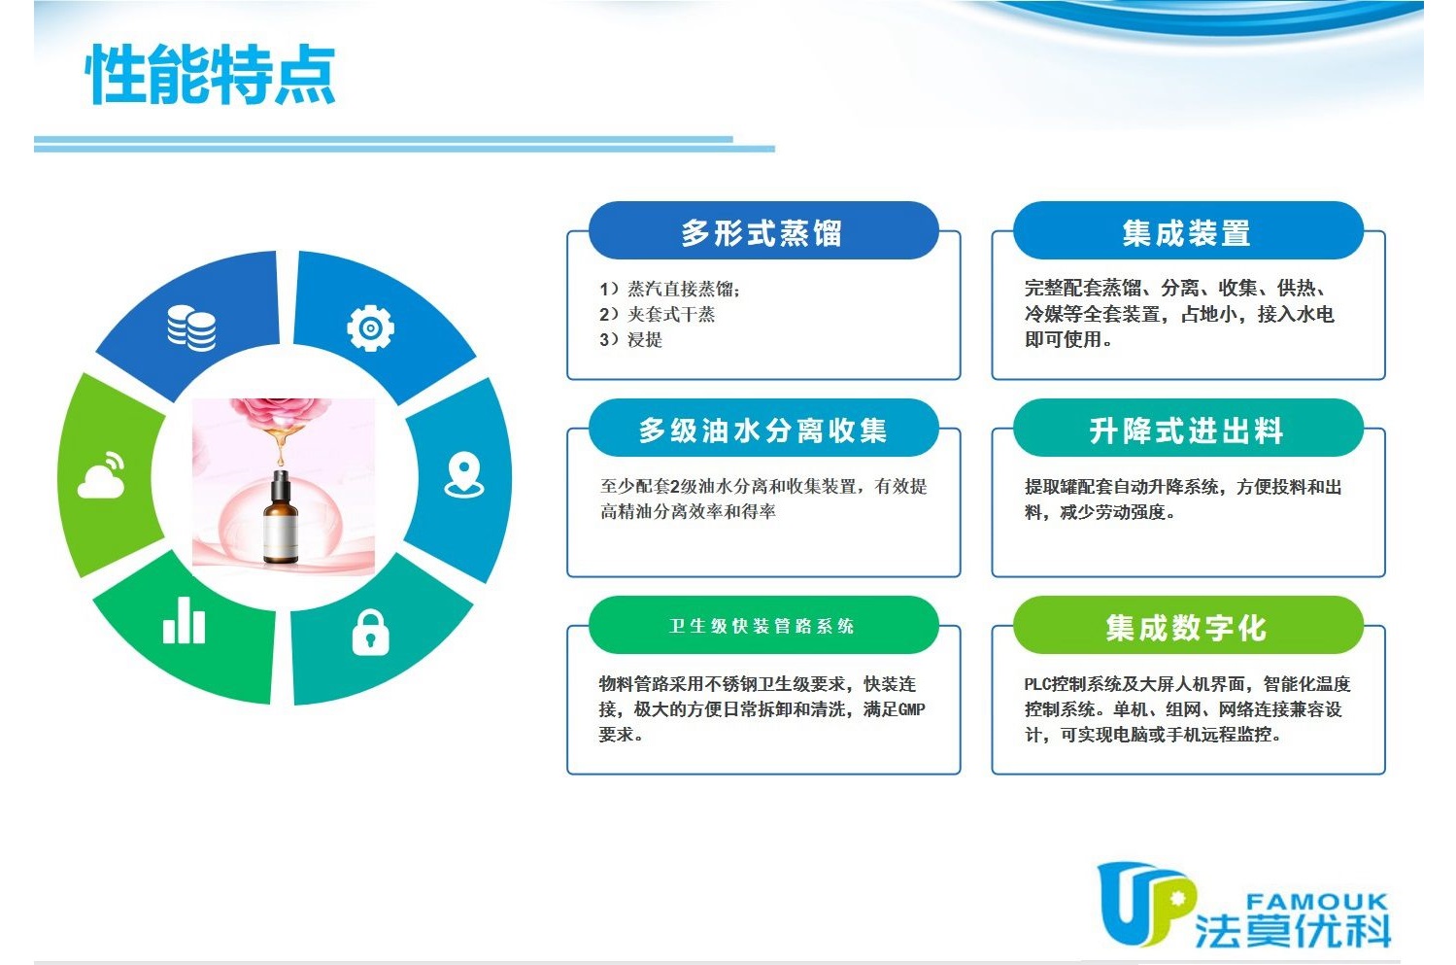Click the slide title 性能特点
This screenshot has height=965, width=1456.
211,74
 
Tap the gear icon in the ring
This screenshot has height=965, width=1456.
370,327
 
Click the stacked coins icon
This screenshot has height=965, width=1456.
191,327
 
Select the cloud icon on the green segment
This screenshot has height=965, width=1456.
102,476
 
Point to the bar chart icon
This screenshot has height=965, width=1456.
184,620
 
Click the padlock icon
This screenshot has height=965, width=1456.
370,632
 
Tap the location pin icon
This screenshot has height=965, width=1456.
464,474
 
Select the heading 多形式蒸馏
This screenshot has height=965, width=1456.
762,233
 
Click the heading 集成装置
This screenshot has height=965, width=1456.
1187,233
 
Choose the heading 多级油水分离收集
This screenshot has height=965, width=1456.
762,431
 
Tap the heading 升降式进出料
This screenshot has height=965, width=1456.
1187,431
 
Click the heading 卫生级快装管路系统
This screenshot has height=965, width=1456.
762,626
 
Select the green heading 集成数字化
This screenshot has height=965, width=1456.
1187,628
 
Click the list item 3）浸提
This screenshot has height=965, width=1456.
630,339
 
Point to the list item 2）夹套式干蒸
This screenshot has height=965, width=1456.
658,315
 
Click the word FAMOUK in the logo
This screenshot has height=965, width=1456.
1317,902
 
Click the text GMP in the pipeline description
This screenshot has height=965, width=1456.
911,709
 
